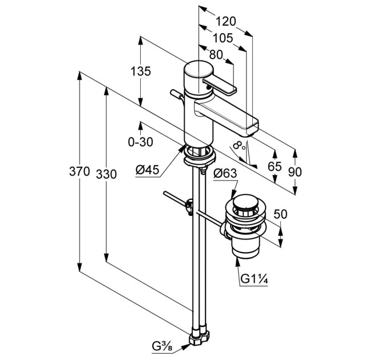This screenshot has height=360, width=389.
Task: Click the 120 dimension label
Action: [x=225, y=21]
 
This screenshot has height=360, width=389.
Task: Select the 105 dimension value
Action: [x=223, y=38]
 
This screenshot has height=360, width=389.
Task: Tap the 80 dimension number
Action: [x=216, y=54]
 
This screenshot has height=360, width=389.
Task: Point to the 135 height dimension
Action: [x=141, y=71]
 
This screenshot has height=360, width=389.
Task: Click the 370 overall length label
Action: [x=79, y=171]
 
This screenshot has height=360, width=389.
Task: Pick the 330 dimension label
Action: [x=106, y=174]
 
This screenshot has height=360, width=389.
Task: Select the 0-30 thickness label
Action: [x=140, y=142]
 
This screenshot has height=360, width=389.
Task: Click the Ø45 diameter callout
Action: [x=147, y=170]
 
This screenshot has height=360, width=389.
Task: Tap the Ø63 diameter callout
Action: [x=225, y=173]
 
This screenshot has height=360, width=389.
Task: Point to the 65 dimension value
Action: [x=275, y=166]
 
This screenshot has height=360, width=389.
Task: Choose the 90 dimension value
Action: [x=295, y=171]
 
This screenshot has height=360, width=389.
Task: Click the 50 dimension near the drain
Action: [x=280, y=214]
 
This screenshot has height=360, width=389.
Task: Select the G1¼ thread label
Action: [x=254, y=279]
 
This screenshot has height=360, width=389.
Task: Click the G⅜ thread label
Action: [x=162, y=346]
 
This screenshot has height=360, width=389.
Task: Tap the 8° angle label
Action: [x=239, y=146]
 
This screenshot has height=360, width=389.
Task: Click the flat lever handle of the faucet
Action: [x=219, y=86]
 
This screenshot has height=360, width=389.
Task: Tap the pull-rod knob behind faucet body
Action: [x=176, y=94]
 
